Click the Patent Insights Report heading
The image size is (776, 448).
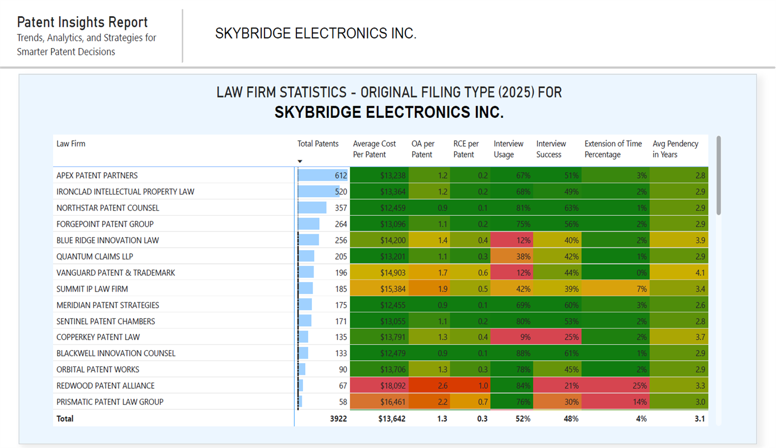coord(82,22)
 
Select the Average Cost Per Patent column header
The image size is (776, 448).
coord(374,149)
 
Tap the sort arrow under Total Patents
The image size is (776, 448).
coord(300,161)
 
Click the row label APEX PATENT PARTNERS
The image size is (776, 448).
coord(97,175)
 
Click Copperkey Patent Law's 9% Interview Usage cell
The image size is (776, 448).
coord(511,337)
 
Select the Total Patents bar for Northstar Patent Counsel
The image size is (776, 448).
coord(313,208)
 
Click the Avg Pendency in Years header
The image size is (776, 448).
coord(675,149)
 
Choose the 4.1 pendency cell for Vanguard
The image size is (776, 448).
coord(679,273)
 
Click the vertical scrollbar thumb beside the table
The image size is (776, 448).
coord(718,175)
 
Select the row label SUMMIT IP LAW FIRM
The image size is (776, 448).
coord(92,289)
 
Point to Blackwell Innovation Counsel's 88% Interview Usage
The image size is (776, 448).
coord(511,353)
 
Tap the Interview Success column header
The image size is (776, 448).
coord(551,149)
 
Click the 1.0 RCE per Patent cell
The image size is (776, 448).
coord(470,385)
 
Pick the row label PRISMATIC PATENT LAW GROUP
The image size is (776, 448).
coord(110,402)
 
